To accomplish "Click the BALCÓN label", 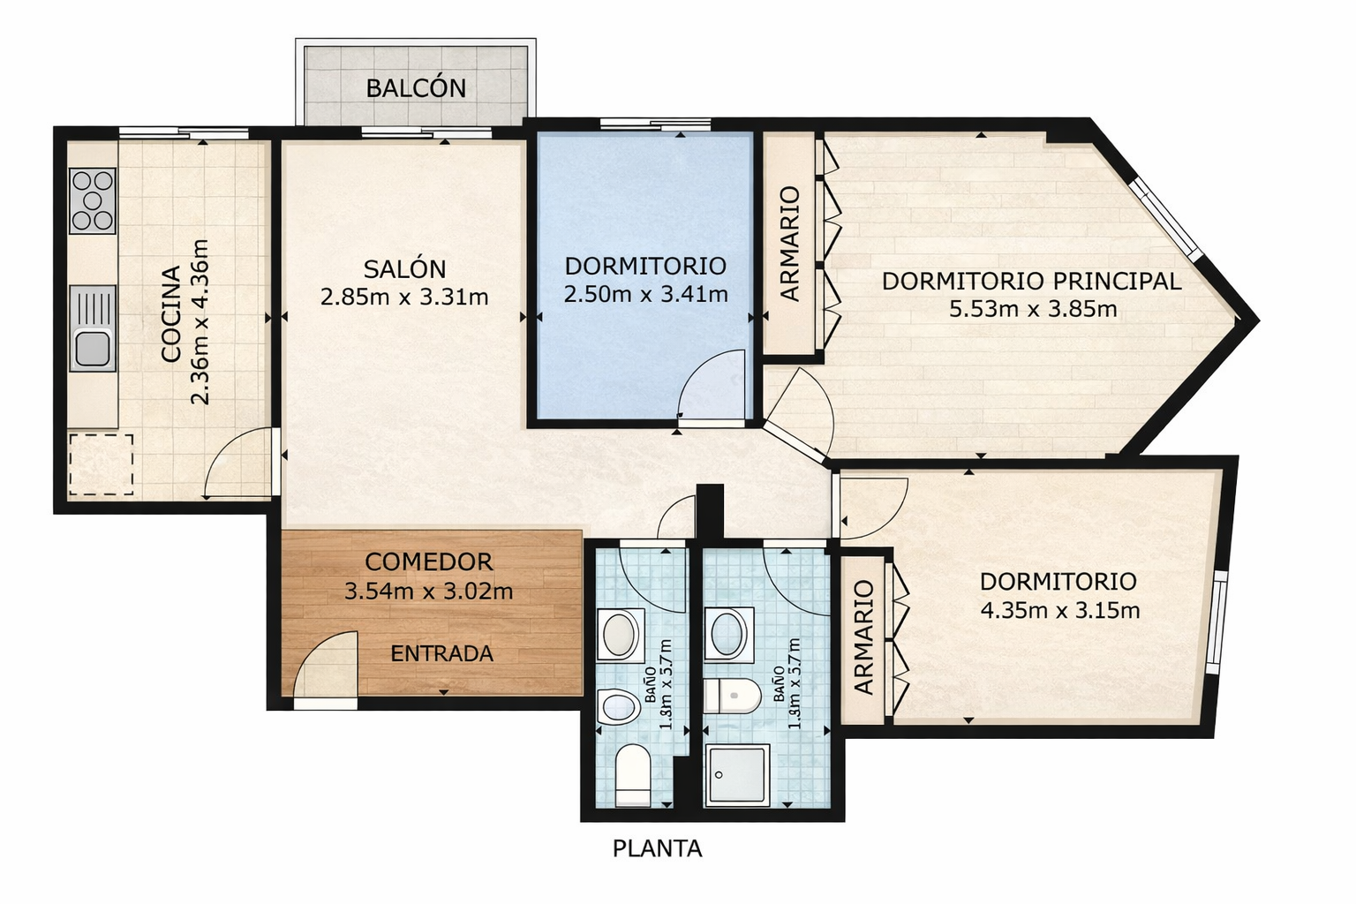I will click(416, 88).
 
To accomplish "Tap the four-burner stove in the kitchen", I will click(93, 200).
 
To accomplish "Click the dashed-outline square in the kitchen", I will click(101, 463).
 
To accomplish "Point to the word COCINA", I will click(170, 313).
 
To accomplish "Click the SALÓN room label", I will click(404, 268).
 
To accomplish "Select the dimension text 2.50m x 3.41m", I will click(645, 294).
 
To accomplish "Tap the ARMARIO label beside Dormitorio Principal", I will click(789, 244).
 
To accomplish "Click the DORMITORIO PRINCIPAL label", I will click(1031, 281).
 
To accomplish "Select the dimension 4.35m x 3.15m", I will click(1059, 610).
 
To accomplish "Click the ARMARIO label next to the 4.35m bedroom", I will click(863, 637).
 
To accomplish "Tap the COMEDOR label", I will click(428, 561).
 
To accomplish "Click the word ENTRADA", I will click(441, 653).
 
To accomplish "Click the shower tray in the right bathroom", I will click(736, 773).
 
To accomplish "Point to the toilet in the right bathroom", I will click(733, 696).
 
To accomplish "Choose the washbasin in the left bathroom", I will click(620, 634).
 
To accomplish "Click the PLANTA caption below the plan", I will click(657, 848).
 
